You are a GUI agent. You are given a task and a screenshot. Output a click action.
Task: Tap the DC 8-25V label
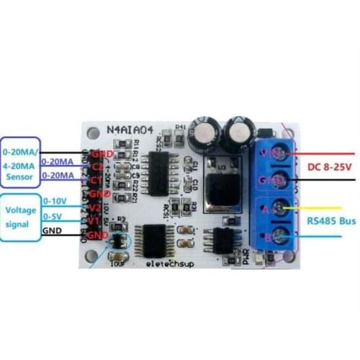329,166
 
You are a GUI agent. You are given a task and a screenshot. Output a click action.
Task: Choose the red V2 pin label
94,207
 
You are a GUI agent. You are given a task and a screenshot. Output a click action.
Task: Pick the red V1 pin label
94,220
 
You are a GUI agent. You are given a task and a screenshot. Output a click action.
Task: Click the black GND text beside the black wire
53,231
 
